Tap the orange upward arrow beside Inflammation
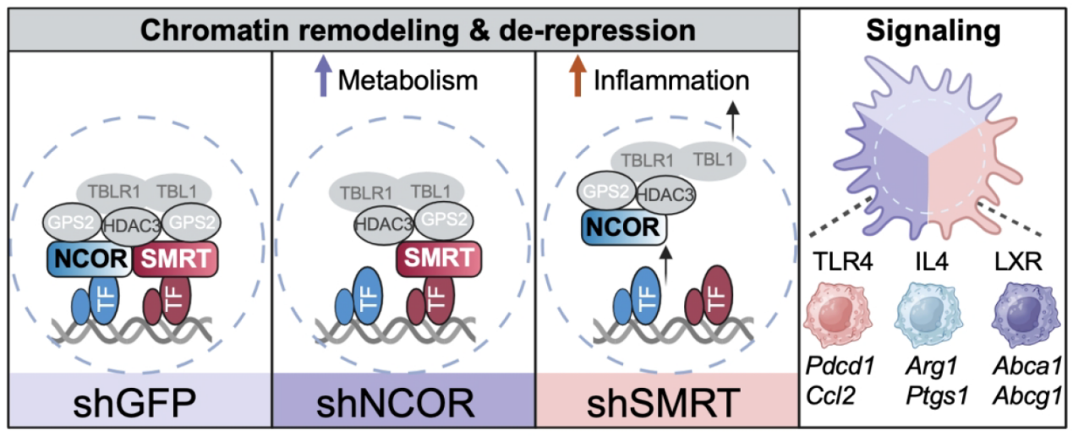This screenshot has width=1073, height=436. (578, 76)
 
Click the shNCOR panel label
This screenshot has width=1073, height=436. (403, 402)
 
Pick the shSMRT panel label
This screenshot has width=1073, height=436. (666, 402)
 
